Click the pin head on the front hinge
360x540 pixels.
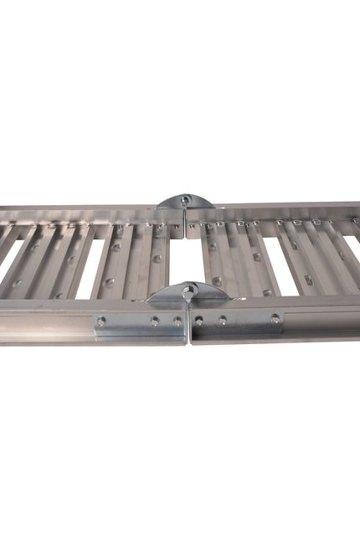tap(190, 289)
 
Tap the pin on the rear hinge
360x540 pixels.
tap(186, 199)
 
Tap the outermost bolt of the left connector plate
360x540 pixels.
tap(101, 321)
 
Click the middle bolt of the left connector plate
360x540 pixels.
tap(154, 321)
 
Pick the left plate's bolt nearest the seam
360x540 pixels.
tap(177, 321)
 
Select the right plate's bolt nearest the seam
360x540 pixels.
tap(198, 320)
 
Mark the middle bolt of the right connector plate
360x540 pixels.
tap(222, 320)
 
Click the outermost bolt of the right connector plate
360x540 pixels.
tap(275, 318)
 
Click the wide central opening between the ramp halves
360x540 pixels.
tap(185, 260)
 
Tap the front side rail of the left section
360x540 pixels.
tap(50, 322)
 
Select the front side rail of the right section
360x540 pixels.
tap(318, 318)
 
